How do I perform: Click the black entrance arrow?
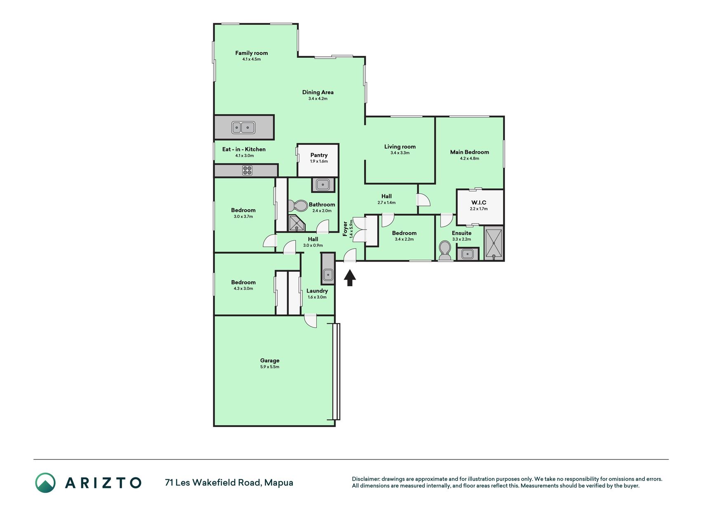[350, 278]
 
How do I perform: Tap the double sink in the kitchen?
[243, 127]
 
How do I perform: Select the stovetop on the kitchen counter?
[247, 170]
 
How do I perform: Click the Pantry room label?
[319, 155]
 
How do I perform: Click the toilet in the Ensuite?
[445, 250]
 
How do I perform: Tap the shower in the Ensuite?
[494, 243]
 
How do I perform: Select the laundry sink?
[328, 274]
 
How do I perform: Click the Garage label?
[270, 361]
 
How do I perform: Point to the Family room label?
[252, 53]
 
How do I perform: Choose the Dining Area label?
[318, 92]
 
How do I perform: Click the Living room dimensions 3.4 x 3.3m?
[400, 153]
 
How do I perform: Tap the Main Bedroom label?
[470, 152]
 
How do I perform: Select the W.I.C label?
[479, 203]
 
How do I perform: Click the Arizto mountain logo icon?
[45, 483]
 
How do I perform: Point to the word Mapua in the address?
[279, 483]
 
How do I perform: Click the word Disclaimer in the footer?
[365, 479]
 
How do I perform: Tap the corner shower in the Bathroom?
[297, 224]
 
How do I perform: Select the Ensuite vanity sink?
[467, 254]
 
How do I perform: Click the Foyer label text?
[345, 229]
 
